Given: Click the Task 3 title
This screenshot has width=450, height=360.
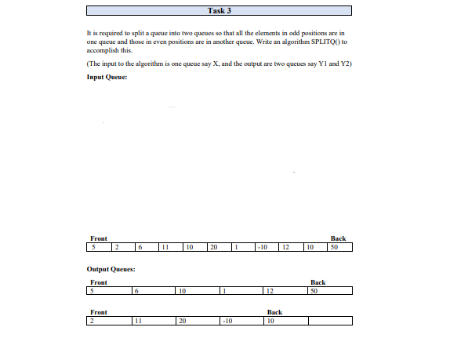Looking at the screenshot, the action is [224, 10].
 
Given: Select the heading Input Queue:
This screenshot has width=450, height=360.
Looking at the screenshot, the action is [107, 77].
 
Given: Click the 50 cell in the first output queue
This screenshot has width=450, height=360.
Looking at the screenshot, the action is [329, 291].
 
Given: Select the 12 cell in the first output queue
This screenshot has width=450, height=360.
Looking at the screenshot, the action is [285, 291].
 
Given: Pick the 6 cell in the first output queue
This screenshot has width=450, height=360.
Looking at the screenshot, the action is [153, 291].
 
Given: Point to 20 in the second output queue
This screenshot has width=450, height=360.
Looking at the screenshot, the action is [198, 320].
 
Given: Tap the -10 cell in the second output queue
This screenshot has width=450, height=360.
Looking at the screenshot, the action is [241, 320].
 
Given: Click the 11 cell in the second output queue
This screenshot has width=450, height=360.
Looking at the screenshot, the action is [153, 320].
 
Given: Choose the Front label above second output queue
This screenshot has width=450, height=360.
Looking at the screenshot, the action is [99, 311].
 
